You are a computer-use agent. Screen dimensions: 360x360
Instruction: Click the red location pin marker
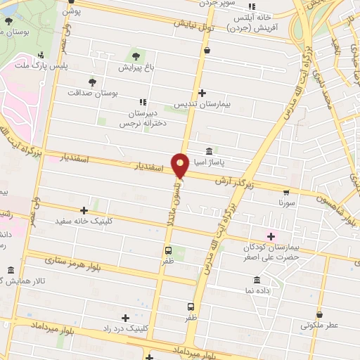[x=180, y=165]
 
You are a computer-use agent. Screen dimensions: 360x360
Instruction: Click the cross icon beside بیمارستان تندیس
[x=202, y=93]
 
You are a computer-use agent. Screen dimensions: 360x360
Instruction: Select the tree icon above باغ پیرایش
[x=134, y=56]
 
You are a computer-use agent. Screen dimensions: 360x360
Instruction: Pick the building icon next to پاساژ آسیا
[x=210, y=152]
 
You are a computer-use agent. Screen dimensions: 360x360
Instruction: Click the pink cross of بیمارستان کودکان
[x=271, y=236]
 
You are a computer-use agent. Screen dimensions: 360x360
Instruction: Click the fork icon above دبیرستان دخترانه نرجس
[x=143, y=101]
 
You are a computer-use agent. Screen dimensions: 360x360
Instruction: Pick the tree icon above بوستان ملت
[x=8, y=20]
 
